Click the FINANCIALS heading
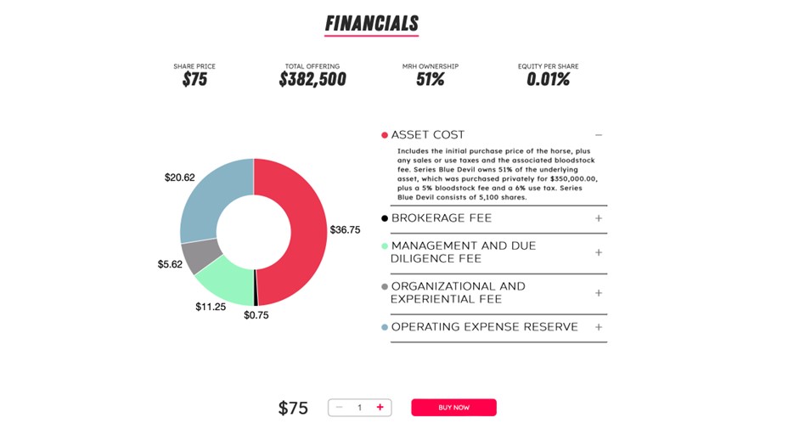tap(371, 23)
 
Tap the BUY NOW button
tap(453, 408)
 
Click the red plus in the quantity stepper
tap(380, 408)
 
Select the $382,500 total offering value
tap(312, 80)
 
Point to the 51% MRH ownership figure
tap(431, 80)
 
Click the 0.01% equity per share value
tap(548, 80)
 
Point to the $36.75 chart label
tap(346, 229)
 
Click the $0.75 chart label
tap(256, 315)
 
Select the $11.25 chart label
tap(210, 307)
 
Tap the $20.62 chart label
tap(179, 178)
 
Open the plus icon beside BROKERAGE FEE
tap(599, 218)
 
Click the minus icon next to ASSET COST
tap(599, 135)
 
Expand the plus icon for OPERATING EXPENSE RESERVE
tap(599, 327)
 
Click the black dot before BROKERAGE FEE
tap(385, 218)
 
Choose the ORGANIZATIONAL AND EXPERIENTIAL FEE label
tap(458, 292)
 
